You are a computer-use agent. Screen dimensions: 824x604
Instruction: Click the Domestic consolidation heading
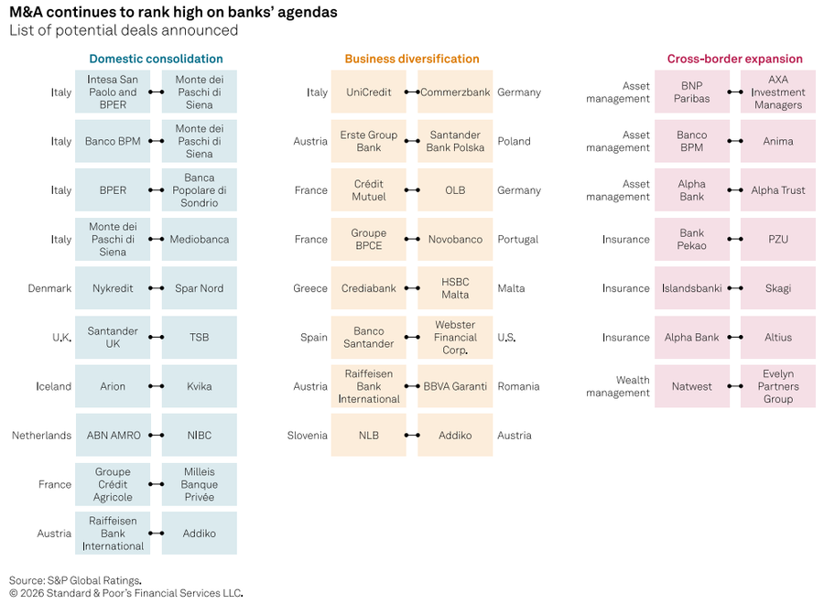156,59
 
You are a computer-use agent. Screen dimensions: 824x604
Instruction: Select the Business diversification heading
412,59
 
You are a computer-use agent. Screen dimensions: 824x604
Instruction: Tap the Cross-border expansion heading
734,59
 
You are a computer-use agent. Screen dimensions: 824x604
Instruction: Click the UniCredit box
368,92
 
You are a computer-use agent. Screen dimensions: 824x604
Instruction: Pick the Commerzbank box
455,92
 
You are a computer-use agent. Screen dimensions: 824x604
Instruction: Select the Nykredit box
113,288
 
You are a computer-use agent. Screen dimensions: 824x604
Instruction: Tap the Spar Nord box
200,288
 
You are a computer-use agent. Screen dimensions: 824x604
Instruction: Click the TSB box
200,337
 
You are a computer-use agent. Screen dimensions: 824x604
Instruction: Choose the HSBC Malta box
455,288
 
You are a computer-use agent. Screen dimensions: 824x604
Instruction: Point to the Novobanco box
455,239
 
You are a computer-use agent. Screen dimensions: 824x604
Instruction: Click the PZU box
778,239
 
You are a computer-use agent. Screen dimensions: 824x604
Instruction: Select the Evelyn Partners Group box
778,386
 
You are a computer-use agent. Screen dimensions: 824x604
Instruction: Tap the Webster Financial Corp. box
455,337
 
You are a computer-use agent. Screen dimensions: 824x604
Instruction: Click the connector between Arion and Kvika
156,386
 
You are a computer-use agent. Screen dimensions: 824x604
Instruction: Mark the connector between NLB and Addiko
412,435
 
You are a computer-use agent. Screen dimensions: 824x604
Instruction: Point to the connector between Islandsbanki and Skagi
735,288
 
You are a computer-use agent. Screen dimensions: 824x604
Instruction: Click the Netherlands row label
41,435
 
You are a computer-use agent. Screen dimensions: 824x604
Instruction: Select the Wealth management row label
618,386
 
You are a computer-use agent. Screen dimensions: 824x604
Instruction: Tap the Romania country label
519,386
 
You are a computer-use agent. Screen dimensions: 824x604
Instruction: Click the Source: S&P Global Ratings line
75,580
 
